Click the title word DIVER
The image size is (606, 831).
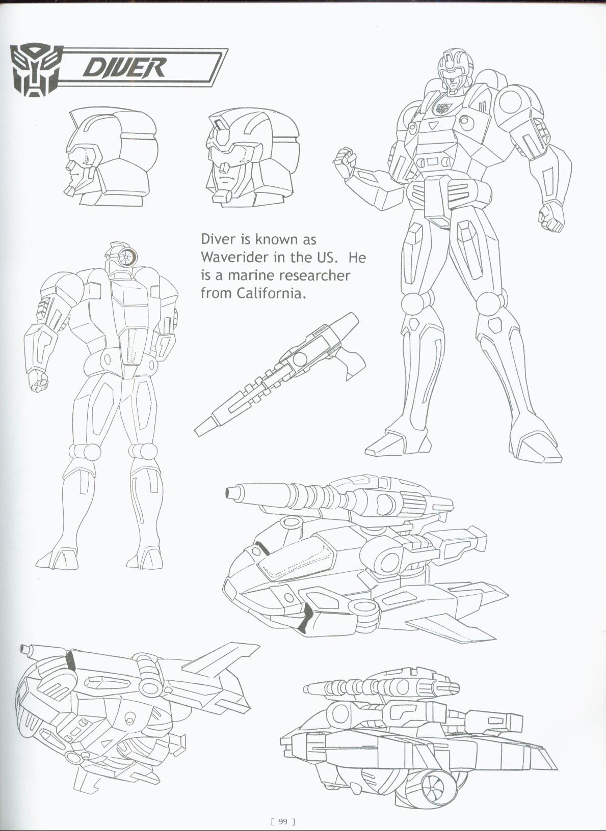pyautogui.click(x=124, y=68)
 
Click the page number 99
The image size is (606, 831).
pyautogui.click(x=283, y=821)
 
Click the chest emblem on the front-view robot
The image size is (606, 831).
pyautogui.click(x=443, y=108)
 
